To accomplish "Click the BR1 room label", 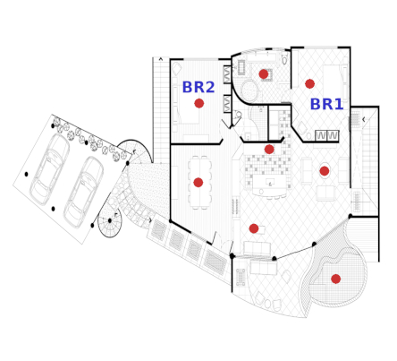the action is click(326, 104).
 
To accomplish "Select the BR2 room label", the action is click(198, 87).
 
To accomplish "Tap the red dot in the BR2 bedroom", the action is click(199, 103).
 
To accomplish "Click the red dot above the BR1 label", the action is click(310, 84).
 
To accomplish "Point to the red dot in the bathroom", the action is click(264, 74).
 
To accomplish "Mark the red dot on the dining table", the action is click(198, 183).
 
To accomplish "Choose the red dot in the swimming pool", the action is click(336, 279).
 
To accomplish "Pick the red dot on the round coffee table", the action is click(325, 171).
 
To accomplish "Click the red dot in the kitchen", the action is click(269, 150).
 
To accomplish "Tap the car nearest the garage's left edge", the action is click(49, 169).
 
